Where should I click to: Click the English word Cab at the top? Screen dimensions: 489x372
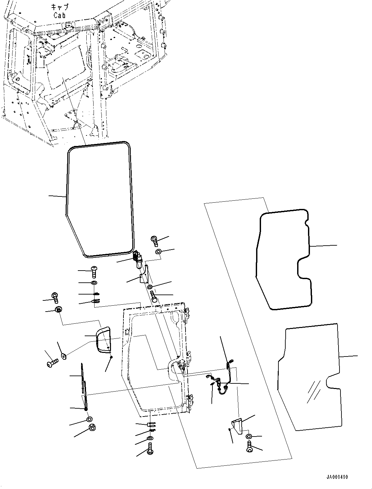pyautogui.click(x=59, y=15)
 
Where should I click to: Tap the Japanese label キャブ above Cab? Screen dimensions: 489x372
pyautogui.click(x=59, y=7)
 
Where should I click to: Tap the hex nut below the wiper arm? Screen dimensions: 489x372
pyautogui.click(x=92, y=428)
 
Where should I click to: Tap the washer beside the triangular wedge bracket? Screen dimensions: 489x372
pyautogui.click(x=249, y=437)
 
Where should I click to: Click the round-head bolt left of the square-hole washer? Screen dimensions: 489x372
pyautogui.click(x=53, y=363)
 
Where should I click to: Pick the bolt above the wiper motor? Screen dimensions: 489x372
pyautogui.click(x=155, y=241)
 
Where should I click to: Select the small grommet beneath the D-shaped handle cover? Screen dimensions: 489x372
pyautogui.click(x=112, y=357)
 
